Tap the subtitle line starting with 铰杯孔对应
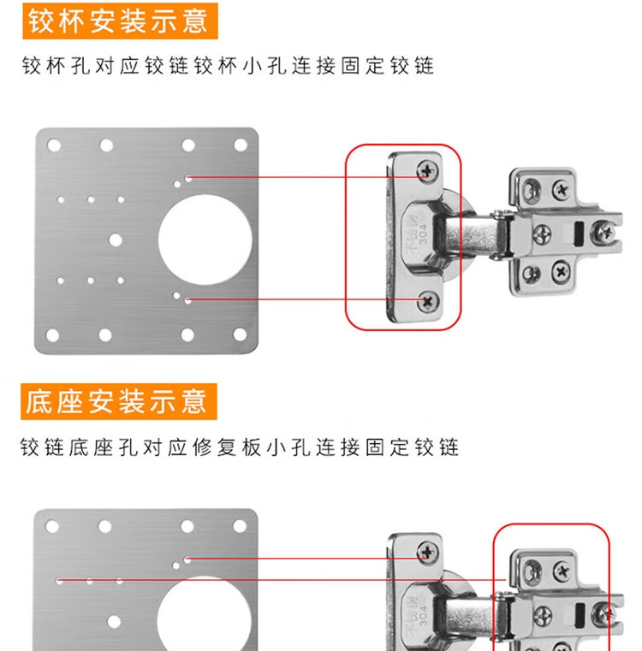(x=229, y=66)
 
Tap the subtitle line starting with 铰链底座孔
(x=240, y=447)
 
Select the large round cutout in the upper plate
(x=205, y=240)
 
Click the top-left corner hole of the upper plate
(x=54, y=145)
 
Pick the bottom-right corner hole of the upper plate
(x=240, y=334)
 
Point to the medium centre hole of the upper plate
(x=115, y=240)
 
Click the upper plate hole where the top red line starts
(x=188, y=178)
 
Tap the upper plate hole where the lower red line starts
(x=188, y=299)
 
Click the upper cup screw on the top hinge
(x=427, y=170)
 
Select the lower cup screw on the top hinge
(x=428, y=300)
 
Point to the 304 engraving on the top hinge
(x=423, y=234)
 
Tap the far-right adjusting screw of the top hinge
(x=603, y=231)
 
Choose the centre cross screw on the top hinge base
(x=542, y=234)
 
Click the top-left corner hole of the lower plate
(x=52, y=526)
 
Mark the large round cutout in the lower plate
(x=204, y=614)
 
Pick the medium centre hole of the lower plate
(x=114, y=622)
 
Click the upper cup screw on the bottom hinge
(x=427, y=552)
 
